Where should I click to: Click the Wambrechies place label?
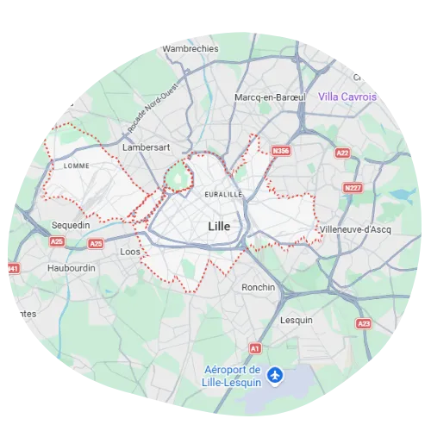pyautogui.click(x=191, y=49)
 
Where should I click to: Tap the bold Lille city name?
pyautogui.click(x=222, y=226)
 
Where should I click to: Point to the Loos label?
pyautogui.click(x=130, y=252)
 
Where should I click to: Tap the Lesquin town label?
pyautogui.click(x=297, y=320)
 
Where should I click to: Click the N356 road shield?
pyautogui.click(x=280, y=151)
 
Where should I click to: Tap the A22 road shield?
pyautogui.click(x=343, y=153)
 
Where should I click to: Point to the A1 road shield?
pyautogui.click(x=254, y=347)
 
